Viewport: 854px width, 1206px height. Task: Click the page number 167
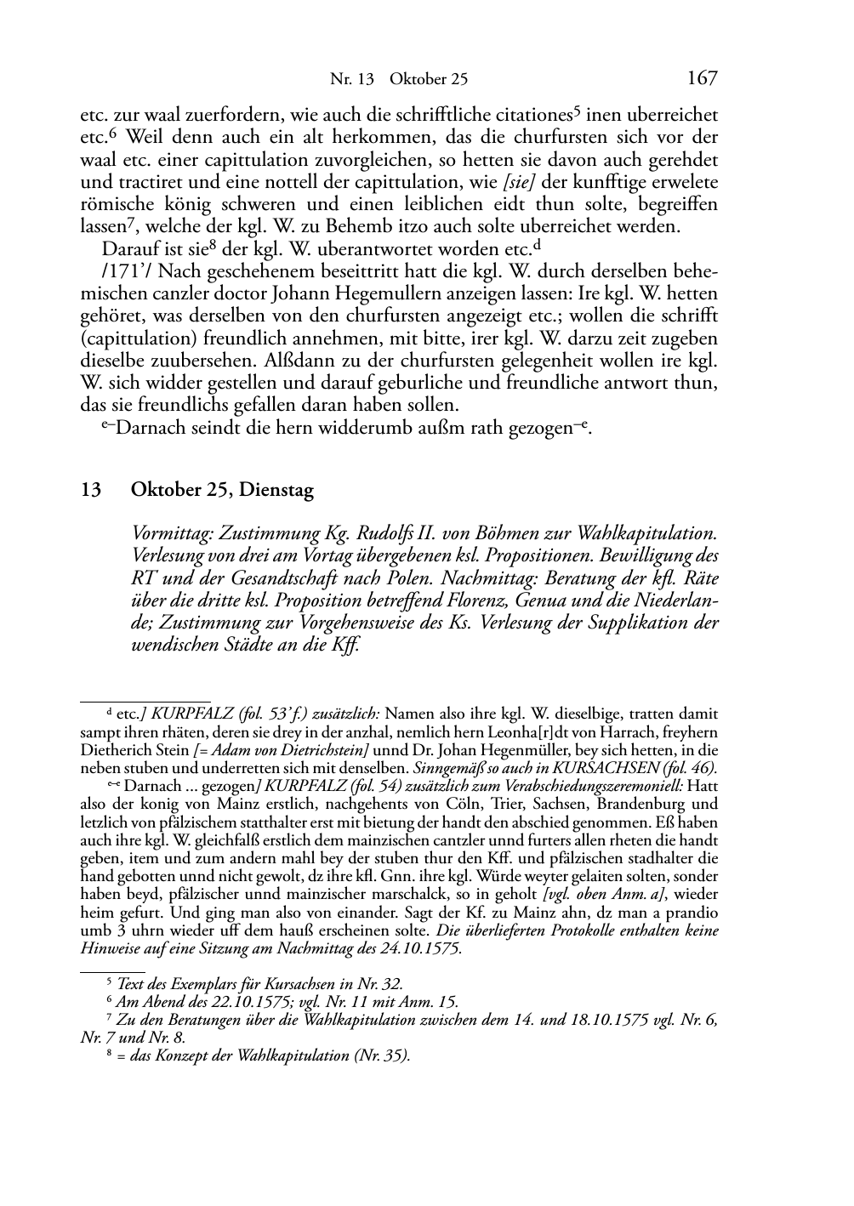(x=702, y=78)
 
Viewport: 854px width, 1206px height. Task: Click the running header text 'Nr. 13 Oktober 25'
(x=398, y=80)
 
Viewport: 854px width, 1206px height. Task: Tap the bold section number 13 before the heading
(x=92, y=490)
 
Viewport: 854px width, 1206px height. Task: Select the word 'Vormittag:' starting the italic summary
(x=174, y=534)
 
